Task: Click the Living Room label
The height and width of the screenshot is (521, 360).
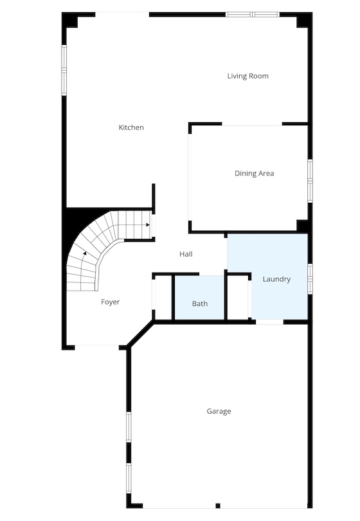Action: [248, 76]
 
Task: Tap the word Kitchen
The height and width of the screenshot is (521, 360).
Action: [131, 127]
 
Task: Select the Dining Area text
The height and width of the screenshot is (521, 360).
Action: [255, 174]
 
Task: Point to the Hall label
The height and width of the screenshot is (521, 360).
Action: [186, 254]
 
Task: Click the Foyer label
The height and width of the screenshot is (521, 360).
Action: [111, 302]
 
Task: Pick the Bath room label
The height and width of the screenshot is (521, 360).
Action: [200, 304]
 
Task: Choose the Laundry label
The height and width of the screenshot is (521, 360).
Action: [276, 279]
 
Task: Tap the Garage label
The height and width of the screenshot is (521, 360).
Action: [219, 412]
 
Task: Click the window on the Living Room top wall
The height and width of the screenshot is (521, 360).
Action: [253, 14]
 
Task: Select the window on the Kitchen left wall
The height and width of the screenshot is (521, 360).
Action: [64, 70]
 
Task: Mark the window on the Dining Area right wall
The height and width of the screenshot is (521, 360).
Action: [310, 181]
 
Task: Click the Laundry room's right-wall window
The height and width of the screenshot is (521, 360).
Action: [310, 279]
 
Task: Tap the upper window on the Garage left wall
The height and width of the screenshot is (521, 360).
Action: [129, 427]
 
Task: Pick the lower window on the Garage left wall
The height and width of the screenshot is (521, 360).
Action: [129, 479]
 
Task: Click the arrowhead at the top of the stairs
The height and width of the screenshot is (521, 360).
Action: [147, 225]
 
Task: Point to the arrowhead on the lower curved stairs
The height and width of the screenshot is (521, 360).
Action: [85, 253]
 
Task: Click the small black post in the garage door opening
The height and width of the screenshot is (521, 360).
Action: [218, 506]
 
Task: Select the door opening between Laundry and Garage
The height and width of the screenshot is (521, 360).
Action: [269, 322]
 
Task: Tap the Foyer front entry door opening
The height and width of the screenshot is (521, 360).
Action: [96, 347]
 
